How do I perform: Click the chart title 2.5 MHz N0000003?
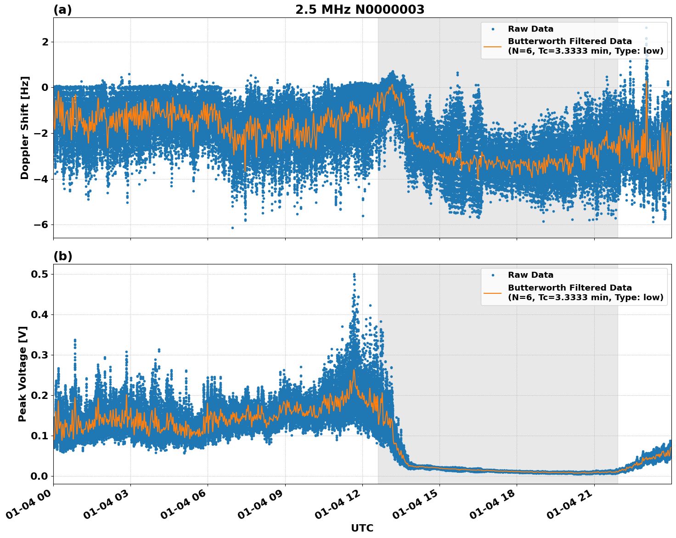click(360, 10)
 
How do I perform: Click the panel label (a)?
click(62, 10)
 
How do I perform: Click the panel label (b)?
click(62, 256)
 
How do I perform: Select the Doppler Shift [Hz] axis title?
click(25, 128)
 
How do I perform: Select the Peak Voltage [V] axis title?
click(23, 374)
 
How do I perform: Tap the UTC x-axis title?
click(362, 528)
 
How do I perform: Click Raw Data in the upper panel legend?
click(530, 29)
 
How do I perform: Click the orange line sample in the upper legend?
click(492, 46)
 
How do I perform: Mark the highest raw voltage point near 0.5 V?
click(354, 274)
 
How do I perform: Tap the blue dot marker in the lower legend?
click(492, 275)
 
